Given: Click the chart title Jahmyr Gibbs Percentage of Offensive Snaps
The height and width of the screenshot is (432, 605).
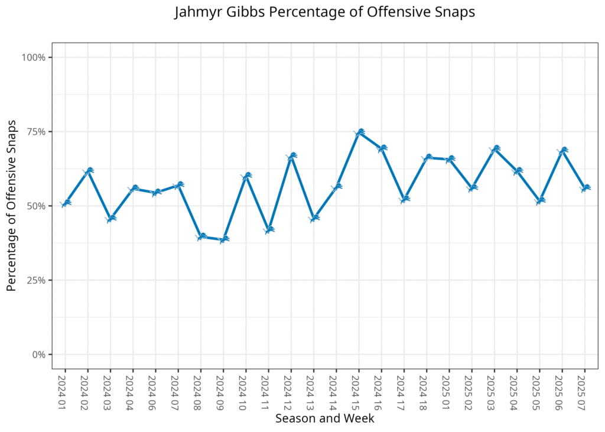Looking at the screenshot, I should (x=324, y=12).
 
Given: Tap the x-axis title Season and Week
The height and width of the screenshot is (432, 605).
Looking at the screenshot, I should (x=324, y=418).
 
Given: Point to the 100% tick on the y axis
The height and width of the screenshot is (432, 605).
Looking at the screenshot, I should (x=34, y=57).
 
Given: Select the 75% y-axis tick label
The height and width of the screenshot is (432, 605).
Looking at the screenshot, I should (x=36, y=132).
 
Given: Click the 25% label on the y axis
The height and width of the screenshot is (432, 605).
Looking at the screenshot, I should (x=36, y=280).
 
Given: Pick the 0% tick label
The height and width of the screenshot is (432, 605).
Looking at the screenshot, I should (x=38, y=355).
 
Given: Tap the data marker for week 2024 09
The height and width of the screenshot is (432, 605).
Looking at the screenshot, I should (x=224, y=239).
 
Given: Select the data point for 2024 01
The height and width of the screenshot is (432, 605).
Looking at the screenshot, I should (x=66, y=203).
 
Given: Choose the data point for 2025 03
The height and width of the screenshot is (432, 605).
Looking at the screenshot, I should (x=495, y=148).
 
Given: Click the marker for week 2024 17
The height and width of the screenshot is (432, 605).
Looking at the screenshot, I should (x=405, y=199).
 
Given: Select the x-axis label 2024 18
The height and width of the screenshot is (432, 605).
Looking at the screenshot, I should (x=427, y=389).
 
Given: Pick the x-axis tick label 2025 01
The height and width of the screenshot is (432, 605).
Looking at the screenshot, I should (x=450, y=389).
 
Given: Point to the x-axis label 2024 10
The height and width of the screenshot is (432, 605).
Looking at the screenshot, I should (x=246, y=389).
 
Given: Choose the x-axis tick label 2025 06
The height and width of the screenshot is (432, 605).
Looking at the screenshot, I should (x=562, y=389).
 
